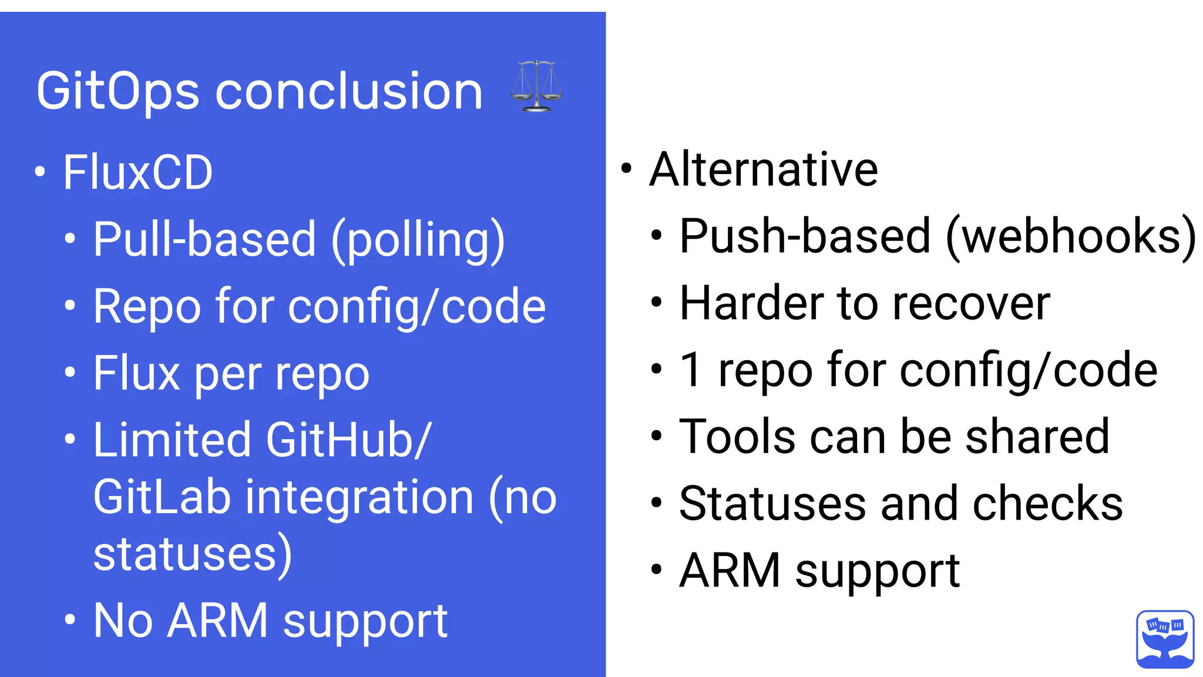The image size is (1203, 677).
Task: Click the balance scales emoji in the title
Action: [x=536, y=86]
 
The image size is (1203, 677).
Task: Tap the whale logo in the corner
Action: [x=1165, y=639]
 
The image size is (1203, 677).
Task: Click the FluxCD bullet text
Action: [x=138, y=172]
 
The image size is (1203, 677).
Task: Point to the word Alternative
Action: [x=764, y=169]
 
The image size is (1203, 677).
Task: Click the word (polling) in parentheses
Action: [x=418, y=240]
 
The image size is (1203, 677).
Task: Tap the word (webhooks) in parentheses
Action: [x=1071, y=236]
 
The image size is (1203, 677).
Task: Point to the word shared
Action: [x=1037, y=437]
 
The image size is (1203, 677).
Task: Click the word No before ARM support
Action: [x=123, y=621]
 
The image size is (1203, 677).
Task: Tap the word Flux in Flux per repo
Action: [x=137, y=373]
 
